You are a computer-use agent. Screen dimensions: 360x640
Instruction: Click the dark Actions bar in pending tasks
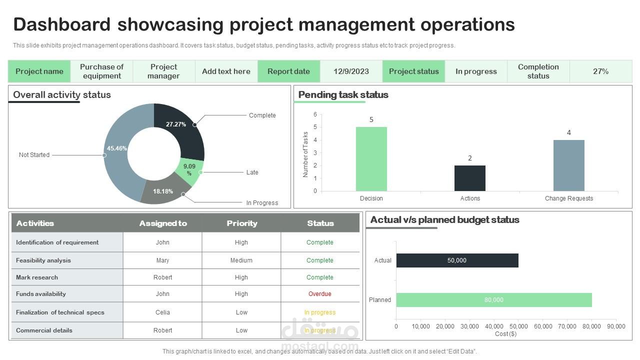click(469, 178)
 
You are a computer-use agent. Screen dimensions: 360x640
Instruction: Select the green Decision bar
click(371, 159)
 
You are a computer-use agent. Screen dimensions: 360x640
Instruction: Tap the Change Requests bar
click(568, 165)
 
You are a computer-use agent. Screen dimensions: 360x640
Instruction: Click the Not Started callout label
click(34, 155)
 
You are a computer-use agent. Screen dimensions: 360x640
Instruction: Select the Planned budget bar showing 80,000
click(494, 300)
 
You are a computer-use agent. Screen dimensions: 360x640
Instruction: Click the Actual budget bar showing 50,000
click(457, 260)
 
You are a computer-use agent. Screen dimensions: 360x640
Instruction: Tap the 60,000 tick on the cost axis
click(543, 326)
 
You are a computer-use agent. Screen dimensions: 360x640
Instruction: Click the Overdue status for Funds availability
click(320, 294)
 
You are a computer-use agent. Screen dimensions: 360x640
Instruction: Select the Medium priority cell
click(241, 260)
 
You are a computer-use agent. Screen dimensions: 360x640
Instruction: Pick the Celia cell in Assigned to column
click(162, 312)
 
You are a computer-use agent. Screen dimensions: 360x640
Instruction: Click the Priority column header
click(242, 223)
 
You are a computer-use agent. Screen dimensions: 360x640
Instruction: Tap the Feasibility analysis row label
click(43, 260)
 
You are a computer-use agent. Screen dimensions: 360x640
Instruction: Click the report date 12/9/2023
click(351, 71)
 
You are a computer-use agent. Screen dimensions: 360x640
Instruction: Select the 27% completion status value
click(600, 71)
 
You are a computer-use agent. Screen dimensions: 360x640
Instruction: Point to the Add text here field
click(226, 71)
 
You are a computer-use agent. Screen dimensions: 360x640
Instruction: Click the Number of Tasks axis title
click(305, 154)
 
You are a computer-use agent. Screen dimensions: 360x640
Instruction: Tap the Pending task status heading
click(343, 95)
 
